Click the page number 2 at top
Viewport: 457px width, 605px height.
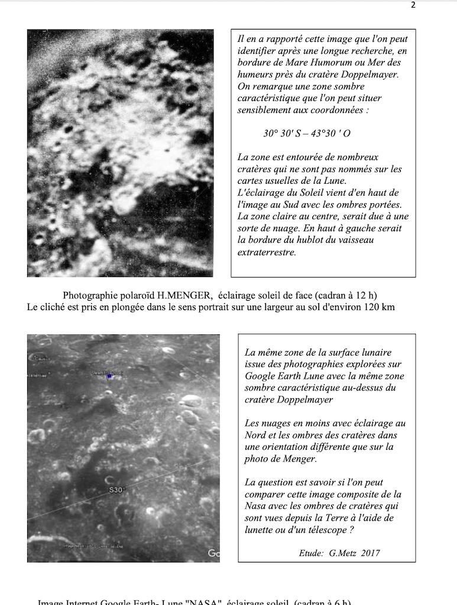tap(413, 5)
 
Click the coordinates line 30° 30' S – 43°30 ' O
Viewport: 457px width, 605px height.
tap(307, 134)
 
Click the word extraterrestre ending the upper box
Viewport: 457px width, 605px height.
tap(266, 252)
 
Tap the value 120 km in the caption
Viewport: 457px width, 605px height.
tap(380, 307)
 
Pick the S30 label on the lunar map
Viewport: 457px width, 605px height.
tap(115, 490)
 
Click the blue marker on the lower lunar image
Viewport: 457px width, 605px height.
tap(108, 375)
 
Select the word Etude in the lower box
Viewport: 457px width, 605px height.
tap(311, 553)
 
